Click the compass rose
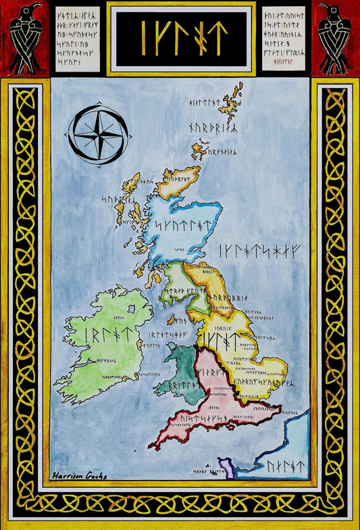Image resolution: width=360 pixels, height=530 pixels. point(100,132)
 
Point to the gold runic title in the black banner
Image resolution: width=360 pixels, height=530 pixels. point(181,37)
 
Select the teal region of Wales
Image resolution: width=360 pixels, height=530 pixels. point(178,368)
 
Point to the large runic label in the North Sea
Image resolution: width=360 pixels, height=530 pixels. point(263,250)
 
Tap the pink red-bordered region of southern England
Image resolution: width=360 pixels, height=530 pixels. point(216,399)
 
